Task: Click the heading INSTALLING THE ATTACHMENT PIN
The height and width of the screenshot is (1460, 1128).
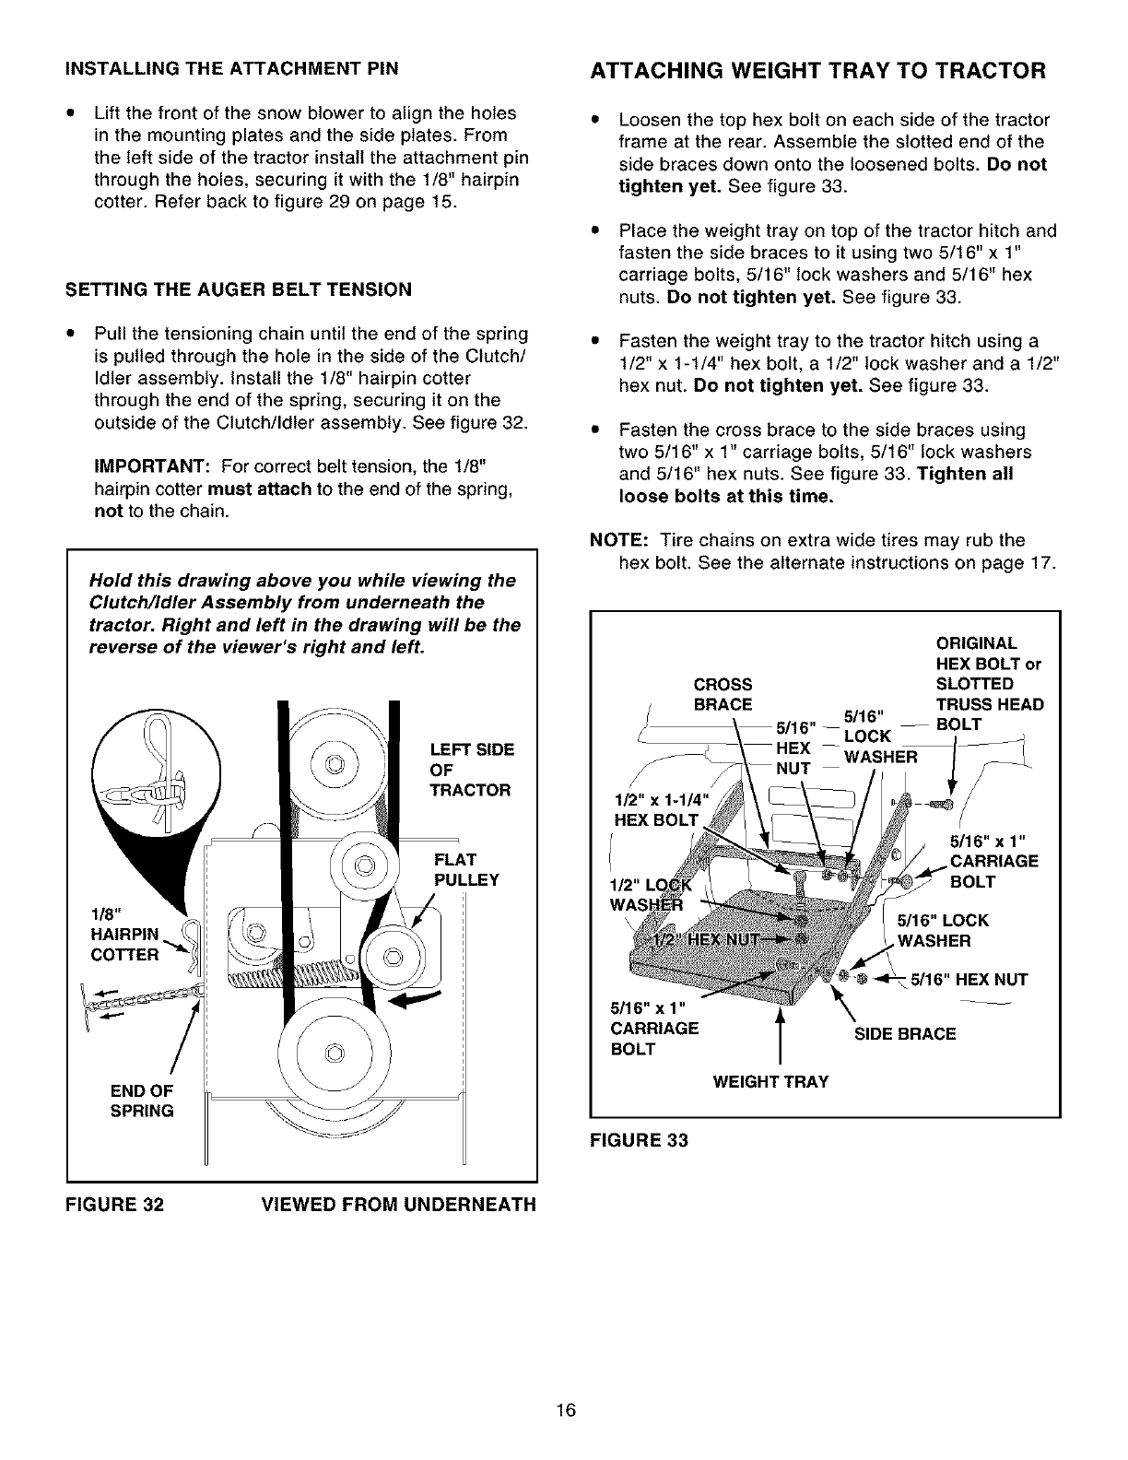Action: (231, 69)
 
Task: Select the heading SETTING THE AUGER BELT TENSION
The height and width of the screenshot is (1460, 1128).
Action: (238, 289)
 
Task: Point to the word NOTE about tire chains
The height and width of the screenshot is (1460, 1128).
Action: (613, 540)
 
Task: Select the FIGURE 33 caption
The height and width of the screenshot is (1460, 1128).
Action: (639, 1140)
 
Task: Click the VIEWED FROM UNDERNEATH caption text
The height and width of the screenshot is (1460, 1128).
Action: (398, 1204)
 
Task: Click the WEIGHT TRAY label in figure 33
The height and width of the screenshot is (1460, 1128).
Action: (770, 1081)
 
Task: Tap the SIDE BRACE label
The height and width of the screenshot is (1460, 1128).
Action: (905, 1034)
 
